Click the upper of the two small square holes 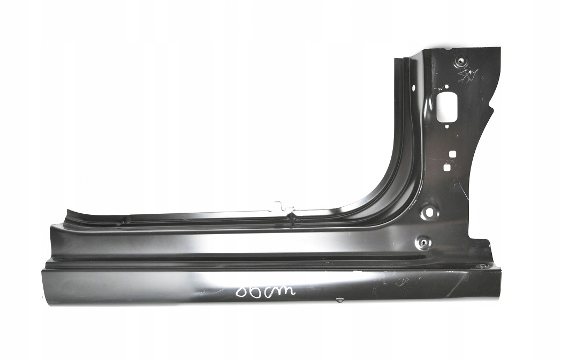(452, 154)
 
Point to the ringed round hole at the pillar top (460, 62)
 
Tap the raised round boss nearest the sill (423, 242)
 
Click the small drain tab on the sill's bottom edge (339, 301)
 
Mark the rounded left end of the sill (45, 287)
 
